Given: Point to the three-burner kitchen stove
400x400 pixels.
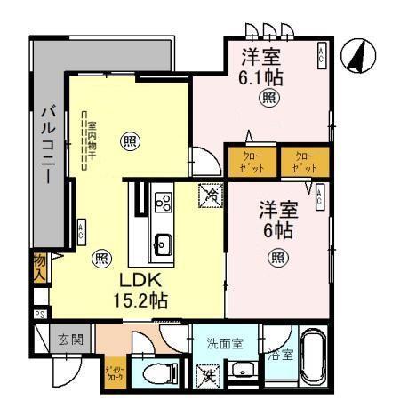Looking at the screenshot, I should [x=164, y=204].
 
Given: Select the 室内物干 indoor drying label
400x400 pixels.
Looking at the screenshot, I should [x=90, y=140].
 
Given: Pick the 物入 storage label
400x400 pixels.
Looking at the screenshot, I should [x=39, y=268].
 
